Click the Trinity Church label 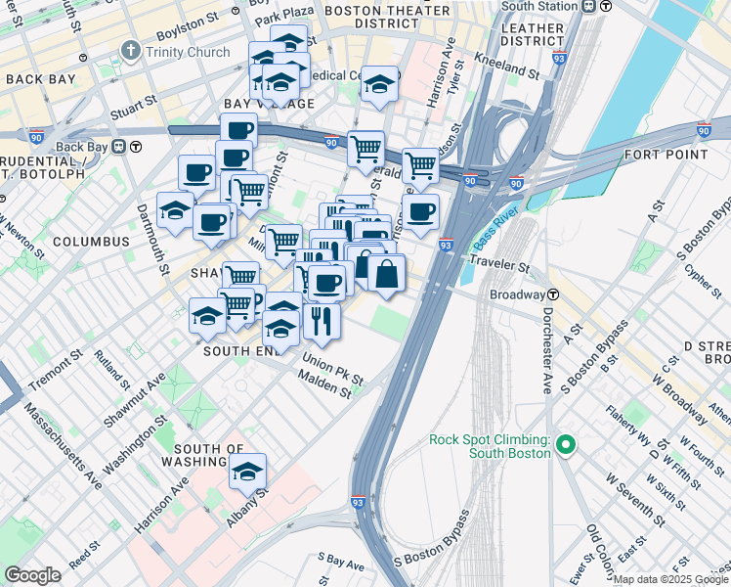(189, 52)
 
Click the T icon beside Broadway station (553, 294)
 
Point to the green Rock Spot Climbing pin (564, 447)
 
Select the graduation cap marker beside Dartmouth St (175, 210)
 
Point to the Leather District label (532, 35)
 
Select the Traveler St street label (497, 263)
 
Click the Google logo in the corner (32, 575)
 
